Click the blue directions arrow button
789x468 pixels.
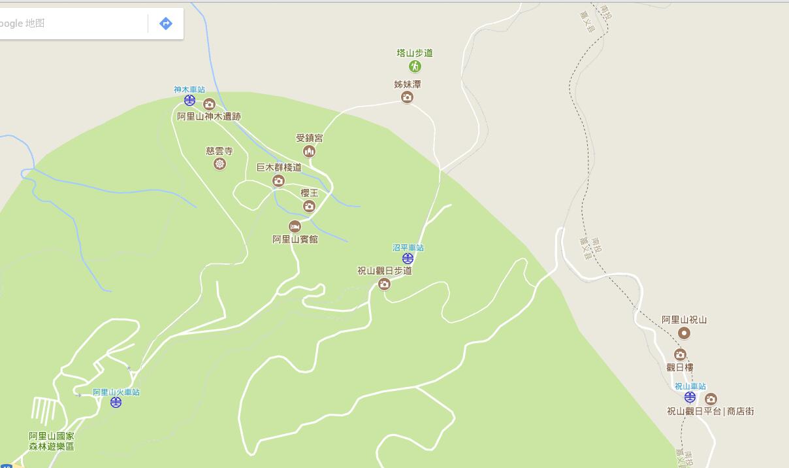166,24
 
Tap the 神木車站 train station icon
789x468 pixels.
189,100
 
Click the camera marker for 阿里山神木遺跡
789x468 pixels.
209,104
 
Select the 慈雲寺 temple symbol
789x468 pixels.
219,163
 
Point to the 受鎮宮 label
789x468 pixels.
309,138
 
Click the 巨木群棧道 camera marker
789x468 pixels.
279,180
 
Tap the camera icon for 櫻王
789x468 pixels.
309,207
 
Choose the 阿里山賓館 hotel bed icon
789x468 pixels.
295,227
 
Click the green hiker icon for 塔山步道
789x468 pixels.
415,66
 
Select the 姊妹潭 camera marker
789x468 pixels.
407,97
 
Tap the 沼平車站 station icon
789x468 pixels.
408,258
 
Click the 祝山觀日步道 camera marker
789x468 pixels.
384,284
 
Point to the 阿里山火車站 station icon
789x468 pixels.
116,402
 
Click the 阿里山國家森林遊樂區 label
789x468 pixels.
52,441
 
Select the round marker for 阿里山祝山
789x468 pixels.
684,333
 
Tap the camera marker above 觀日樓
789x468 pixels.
680,355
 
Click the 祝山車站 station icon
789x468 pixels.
690,397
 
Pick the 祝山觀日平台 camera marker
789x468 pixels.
711,399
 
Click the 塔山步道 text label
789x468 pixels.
415,53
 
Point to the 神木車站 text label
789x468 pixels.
189,90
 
